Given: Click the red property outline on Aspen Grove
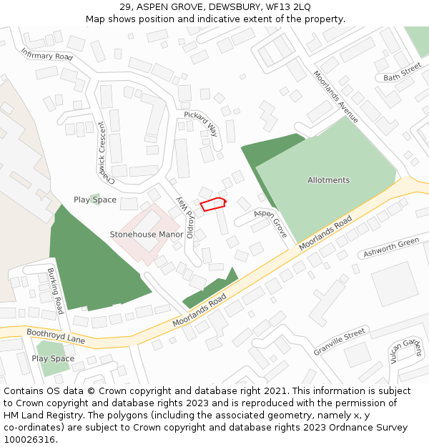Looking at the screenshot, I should point(213,205).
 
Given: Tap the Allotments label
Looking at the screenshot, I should point(328,180).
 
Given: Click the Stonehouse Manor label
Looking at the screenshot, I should point(147,234).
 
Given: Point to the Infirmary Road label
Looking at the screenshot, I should point(47,54).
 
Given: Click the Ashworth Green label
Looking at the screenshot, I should point(391,247).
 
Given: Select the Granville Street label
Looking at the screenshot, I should point(340,343).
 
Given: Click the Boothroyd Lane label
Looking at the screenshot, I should point(55,336).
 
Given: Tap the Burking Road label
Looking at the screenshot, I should point(55,290).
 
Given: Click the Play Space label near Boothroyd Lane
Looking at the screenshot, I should point(53,358).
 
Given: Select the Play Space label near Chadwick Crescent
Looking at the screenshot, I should point(95,200).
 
